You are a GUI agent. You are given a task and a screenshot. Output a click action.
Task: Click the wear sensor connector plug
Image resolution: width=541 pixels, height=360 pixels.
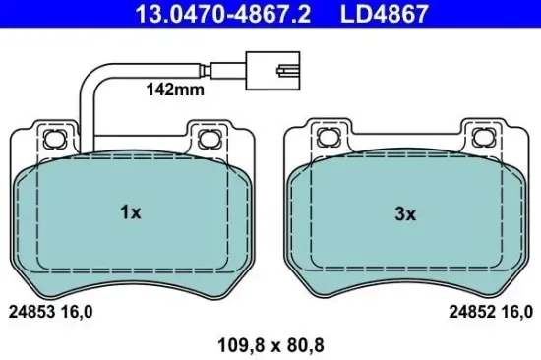[x=275, y=71]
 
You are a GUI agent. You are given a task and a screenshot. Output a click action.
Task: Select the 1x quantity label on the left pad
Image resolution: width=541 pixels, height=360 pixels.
[x=132, y=211]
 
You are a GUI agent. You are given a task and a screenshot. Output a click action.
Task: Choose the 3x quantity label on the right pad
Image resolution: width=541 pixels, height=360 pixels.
[x=404, y=211]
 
